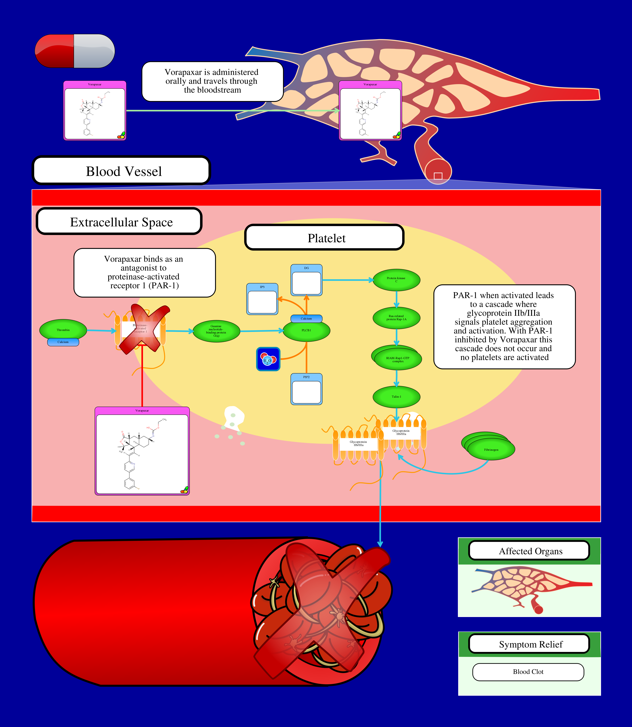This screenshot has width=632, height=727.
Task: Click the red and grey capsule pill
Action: click(75, 51)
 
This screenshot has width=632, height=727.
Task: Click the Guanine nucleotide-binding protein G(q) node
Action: click(216, 331)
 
